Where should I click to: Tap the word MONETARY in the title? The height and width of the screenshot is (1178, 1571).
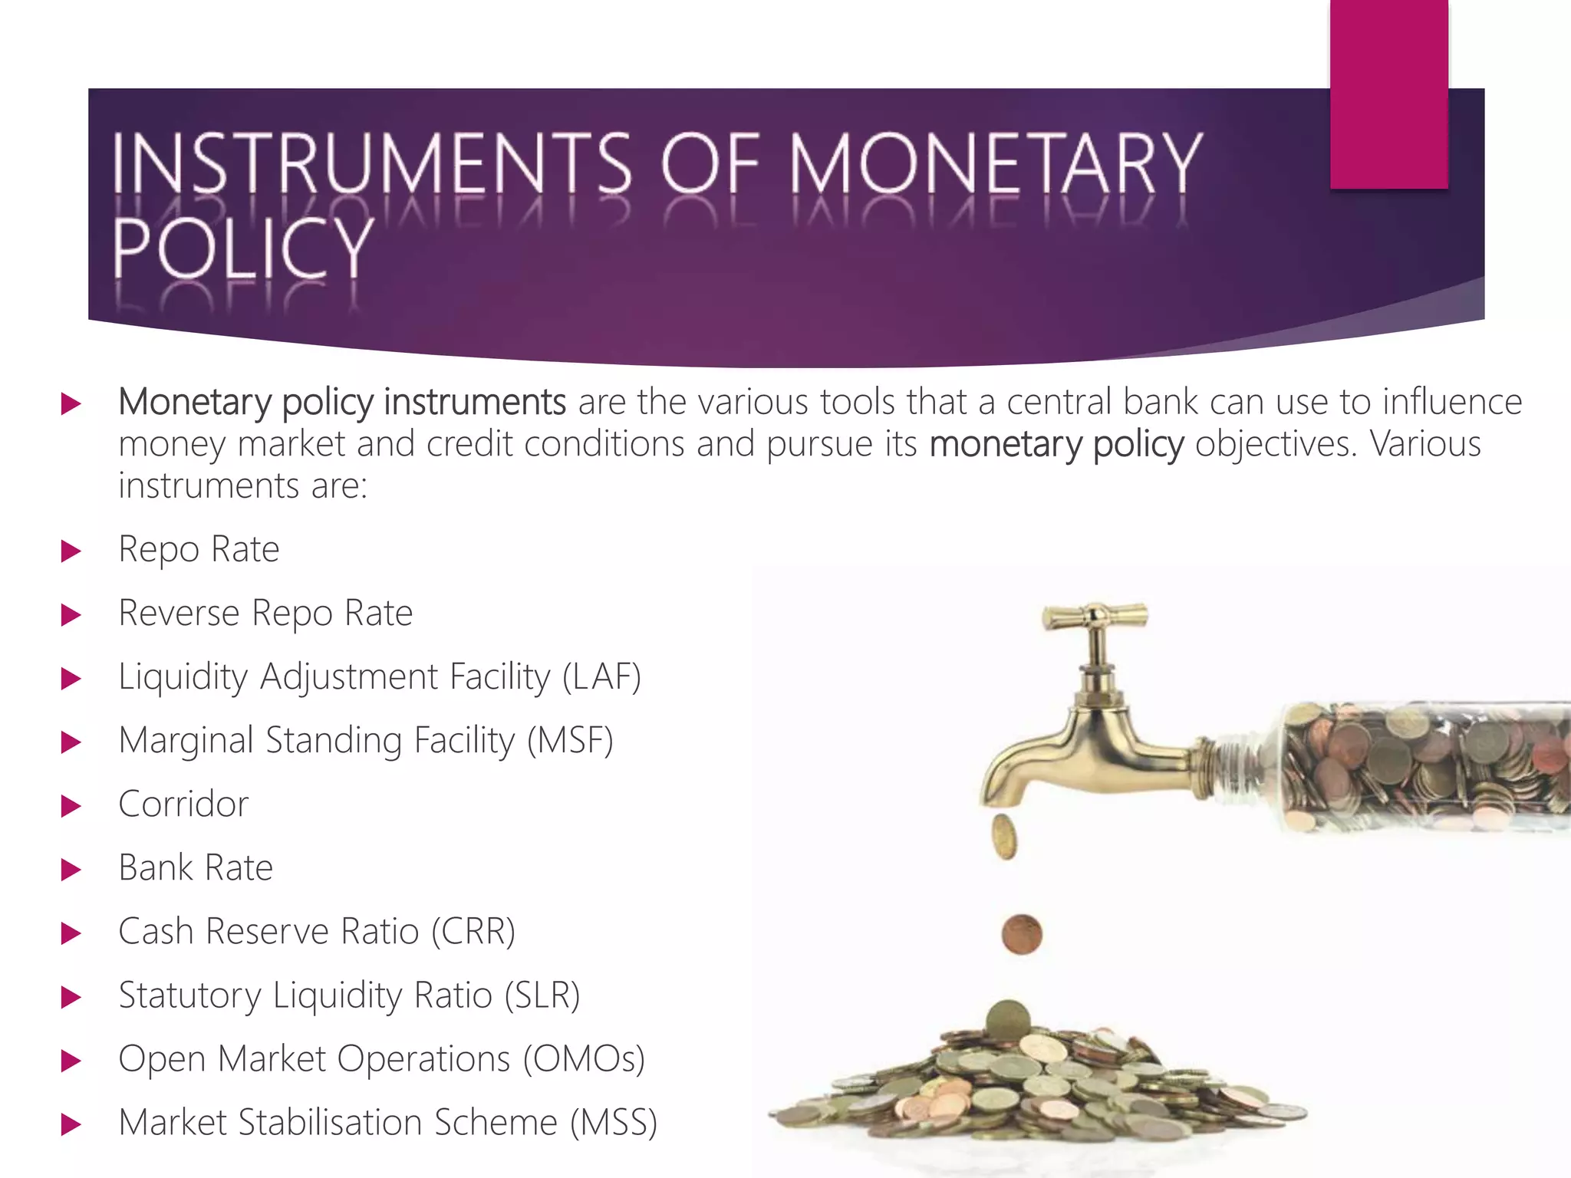point(996,163)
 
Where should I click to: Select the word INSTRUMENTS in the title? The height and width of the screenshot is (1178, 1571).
point(372,163)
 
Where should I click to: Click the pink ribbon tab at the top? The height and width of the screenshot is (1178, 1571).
point(1388,94)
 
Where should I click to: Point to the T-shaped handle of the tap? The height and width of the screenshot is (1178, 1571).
point(1095,616)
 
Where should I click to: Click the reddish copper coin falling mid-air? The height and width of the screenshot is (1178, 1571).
point(1022,934)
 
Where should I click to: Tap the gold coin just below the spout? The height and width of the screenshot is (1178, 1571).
point(1004,837)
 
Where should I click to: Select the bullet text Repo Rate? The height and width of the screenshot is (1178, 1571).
point(199,549)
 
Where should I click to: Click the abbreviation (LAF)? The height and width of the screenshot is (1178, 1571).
point(601,676)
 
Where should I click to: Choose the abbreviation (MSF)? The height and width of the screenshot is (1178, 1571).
point(570,740)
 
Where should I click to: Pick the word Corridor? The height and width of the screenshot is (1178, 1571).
point(183,804)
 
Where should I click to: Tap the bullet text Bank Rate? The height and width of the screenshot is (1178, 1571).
point(196,867)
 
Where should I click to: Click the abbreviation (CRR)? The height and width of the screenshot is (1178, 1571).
point(473,931)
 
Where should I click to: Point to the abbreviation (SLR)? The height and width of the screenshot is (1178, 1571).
point(542,995)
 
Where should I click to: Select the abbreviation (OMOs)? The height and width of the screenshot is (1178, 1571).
point(584,1058)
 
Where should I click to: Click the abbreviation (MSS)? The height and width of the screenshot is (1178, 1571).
point(614,1122)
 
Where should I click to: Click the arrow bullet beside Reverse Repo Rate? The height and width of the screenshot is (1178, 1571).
point(71,614)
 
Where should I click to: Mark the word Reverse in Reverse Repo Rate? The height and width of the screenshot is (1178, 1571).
point(179,613)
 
